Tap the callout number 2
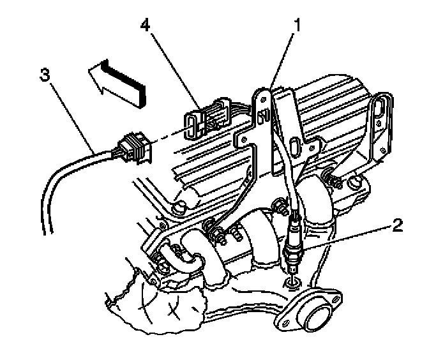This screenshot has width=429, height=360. (397, 225)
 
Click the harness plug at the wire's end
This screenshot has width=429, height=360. (135, 147)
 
